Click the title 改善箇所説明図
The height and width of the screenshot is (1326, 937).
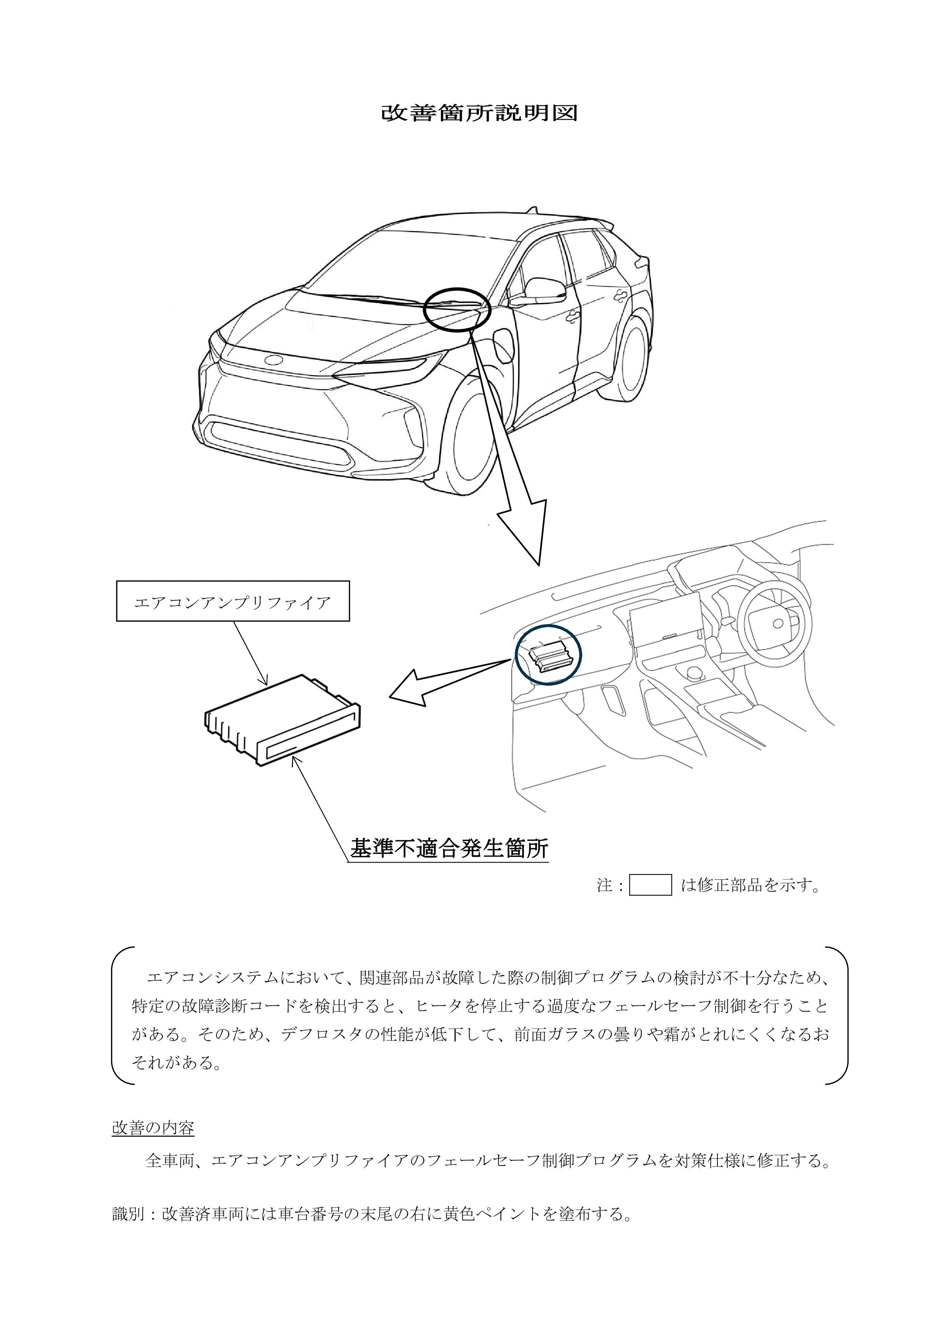point(479,113)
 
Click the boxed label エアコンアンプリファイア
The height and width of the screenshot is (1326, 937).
point(233,601)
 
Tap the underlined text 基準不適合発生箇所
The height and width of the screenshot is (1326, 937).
point(449,848)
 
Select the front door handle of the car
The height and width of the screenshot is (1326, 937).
point(573,315)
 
